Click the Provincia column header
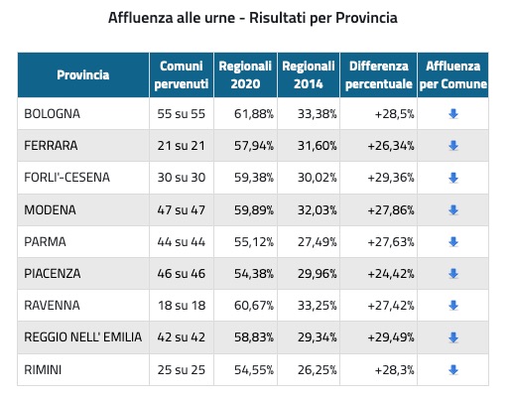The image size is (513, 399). coord(83,74)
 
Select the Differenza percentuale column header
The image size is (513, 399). coord(379,75)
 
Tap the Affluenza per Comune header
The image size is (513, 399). coord(453,75)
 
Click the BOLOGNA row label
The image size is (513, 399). coord(52,114)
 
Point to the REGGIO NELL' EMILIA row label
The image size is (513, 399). coord(83,337)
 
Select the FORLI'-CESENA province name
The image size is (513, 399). coord(66,178)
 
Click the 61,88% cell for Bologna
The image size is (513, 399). coord(254,114)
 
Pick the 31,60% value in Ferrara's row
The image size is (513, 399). coord(317,146)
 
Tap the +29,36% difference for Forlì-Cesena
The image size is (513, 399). coord(391,178)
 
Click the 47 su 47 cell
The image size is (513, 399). coord(182,209)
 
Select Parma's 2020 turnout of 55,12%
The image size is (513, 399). coord(254,242)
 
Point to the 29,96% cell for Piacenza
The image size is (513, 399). coord(317,274)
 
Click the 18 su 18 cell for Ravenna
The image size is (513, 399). coord(182,306)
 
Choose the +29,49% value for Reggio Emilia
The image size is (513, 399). coord(391,337)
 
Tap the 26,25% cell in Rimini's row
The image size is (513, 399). coord(317,369)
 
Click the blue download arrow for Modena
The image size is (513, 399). coord(453,209)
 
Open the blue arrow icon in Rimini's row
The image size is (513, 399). coord(453,369)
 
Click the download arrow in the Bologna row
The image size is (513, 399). coord(453,114)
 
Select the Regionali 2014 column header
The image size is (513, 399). coord(309,75)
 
